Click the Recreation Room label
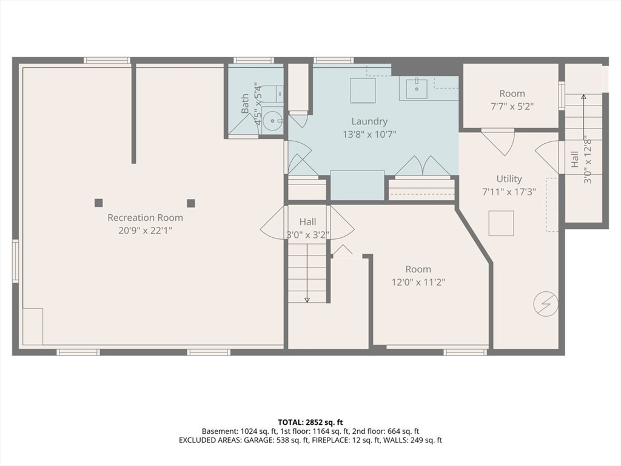[146, 218]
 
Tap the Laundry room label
[369, 121]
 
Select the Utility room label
[509, 179]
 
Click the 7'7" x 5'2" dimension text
[512, 106]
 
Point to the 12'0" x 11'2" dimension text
[418, 282]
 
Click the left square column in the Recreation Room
[99, 203]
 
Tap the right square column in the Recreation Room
[191, 203]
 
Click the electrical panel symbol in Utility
[546, 305]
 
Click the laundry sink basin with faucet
[416, 89]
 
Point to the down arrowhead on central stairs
[307, 300]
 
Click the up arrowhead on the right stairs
[583, 96]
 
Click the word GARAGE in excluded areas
[257, 440]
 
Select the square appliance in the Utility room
[501, 223]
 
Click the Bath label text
[245, 103]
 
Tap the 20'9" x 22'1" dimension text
[146, 230]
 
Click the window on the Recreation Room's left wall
[15, 261]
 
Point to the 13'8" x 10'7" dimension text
[369, 135]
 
